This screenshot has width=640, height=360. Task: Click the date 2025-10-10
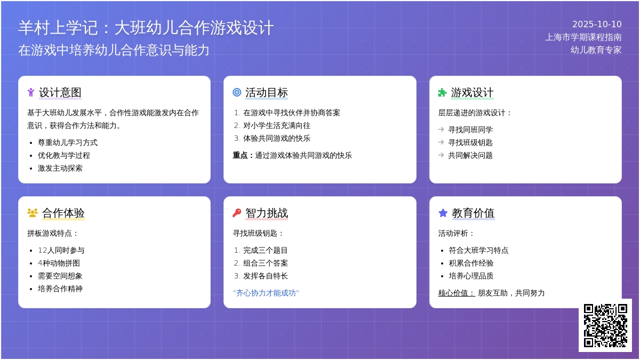[x=597, y=25]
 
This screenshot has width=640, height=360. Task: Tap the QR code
[x=605, y=325]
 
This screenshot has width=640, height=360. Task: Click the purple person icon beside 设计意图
[x=31, y=92]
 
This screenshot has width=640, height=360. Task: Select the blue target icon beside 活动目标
[x=237, y=92]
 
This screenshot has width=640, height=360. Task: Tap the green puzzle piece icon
[x=442, y=93]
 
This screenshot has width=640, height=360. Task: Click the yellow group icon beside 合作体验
[x=33, y=213]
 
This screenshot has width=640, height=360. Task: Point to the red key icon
[x=237, y=213]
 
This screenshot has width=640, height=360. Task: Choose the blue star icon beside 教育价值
[x=443, y=213]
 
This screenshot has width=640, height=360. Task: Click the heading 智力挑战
[x=267, y=213]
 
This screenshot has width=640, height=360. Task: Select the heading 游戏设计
[x=473, y=93]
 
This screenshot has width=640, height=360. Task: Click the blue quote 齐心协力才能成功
[x=266, y=293]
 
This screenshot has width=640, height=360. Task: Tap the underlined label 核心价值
[x=457, y=293]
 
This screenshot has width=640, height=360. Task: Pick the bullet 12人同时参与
[x=61, y=251]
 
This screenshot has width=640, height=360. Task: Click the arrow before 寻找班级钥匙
[x=441, y=142]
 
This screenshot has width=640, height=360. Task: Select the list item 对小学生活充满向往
[x=277, y=126]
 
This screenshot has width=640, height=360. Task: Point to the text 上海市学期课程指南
[x=583, y=37]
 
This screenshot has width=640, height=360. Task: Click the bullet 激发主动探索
[x=60, y=169]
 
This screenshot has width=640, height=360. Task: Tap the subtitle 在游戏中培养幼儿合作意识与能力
[x=114, y=50]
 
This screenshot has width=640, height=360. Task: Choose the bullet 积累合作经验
[x=471, y=263]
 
